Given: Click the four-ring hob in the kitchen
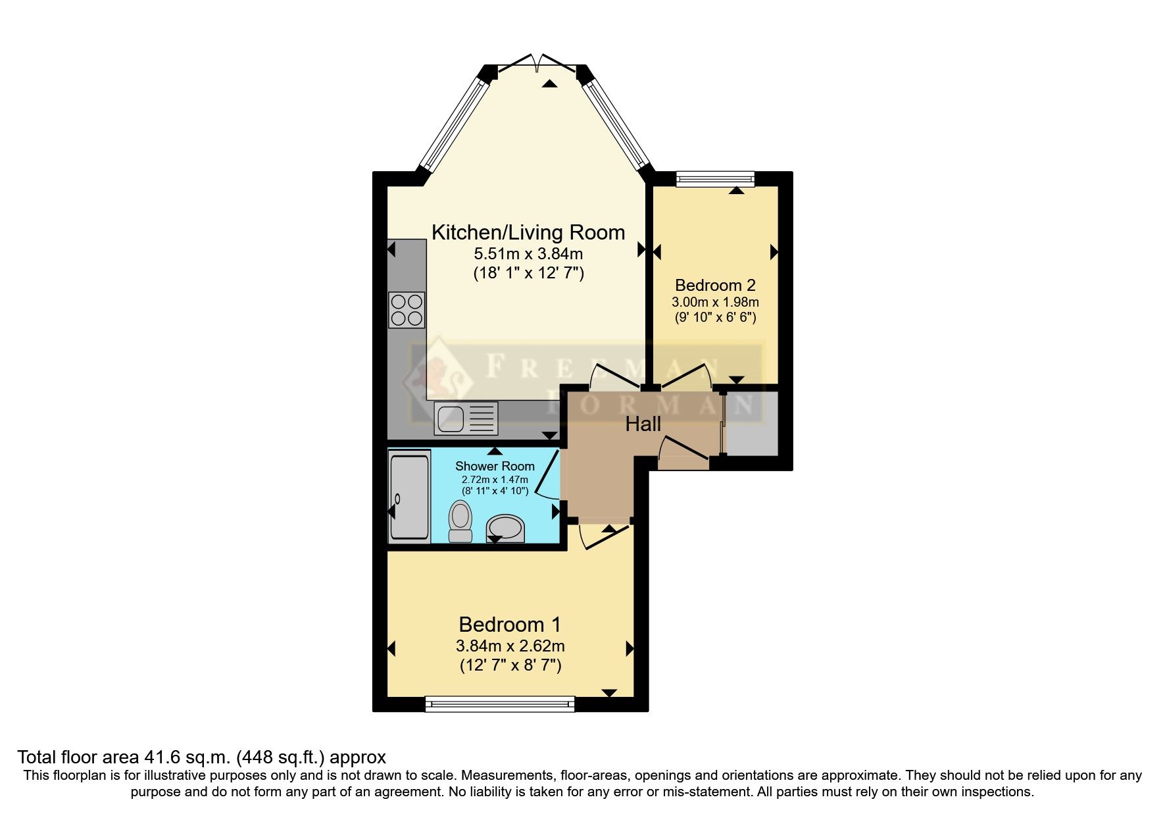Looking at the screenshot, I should click(x=407, y=310).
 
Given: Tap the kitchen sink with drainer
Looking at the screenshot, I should click(x=466, y=419).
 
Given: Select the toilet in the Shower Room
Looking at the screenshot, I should click(x=460, y=521).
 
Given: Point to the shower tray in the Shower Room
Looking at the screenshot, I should click(x=409, y=496).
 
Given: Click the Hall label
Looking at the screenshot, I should click(x=643, y=424).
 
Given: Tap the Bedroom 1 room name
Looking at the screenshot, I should click(x=510, y=624).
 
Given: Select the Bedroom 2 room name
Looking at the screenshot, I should click(x=715, y=285).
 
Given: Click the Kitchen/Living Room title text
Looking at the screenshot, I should click(x=528, y=232).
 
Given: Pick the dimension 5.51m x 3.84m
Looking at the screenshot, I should click(x=528, y=253).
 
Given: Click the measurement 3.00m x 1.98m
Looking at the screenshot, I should click(x=715, y=303).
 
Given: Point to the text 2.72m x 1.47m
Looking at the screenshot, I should click(x=495, y=480).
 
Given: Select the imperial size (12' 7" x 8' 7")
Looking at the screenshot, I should click(x=510, y=665).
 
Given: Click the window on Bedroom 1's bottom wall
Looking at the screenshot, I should click(x=500, y=704).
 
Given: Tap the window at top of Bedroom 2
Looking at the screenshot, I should click(x=715, y=178).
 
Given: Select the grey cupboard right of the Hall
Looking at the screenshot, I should click(x=752, y=423).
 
